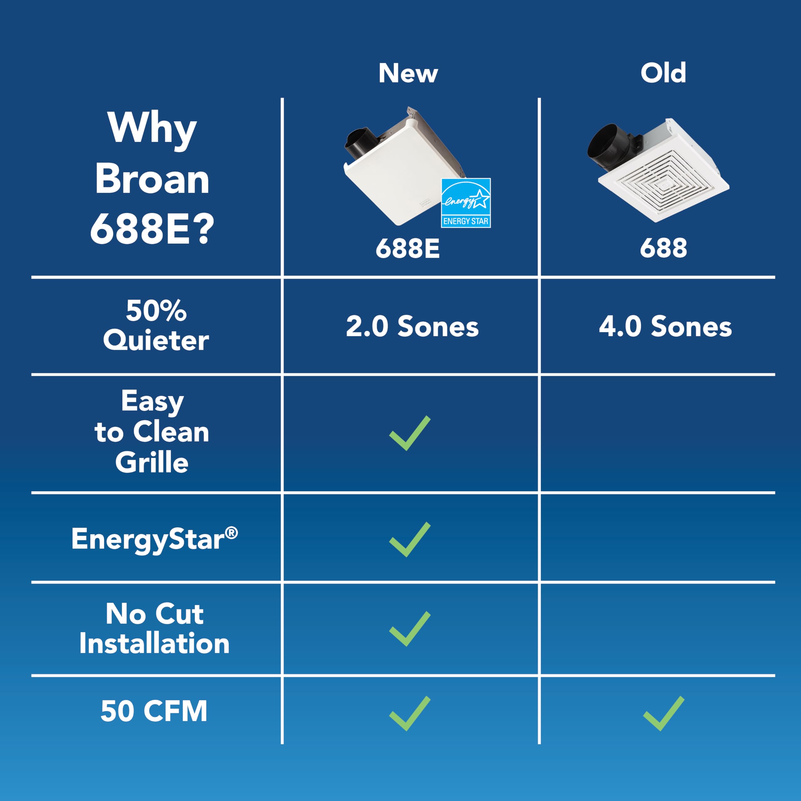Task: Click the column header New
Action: click(x=408, y=74)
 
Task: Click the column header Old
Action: click(x=663, y=74)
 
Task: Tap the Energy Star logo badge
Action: click(x=466, y=203)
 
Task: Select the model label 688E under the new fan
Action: click(x=408, y=249)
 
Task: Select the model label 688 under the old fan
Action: click(x=663, y=249)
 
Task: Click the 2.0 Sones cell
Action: click(x=412, y=326)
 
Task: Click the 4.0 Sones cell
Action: click(x=665, y=326)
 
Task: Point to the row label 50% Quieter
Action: click(x=156, y=325)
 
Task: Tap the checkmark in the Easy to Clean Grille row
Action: click(x=409, y=433)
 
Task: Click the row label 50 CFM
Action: click(x=154, y=712)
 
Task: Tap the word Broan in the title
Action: click(x=152, y=179)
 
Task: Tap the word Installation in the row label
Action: click(x=154, y=644)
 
